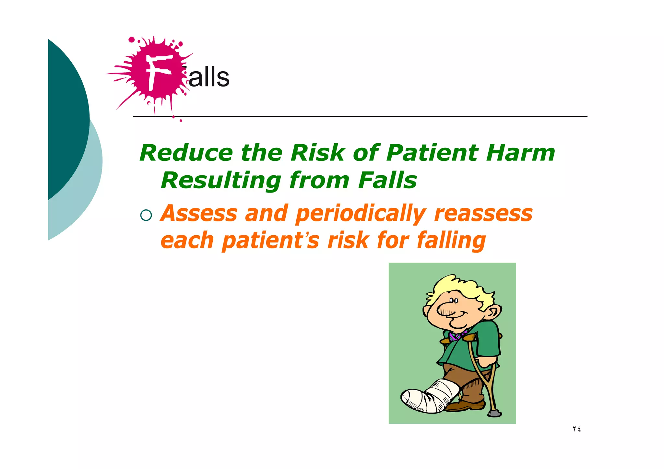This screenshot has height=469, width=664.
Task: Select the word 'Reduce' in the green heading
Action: point(186,153)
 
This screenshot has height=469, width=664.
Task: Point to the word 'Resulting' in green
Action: point(221,181)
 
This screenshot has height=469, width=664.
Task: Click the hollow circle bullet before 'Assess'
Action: point(146,215)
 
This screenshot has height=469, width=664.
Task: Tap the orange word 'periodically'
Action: point(361,214)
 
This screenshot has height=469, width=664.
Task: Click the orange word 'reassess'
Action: point(483,214)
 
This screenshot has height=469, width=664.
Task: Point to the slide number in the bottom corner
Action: point(576,429)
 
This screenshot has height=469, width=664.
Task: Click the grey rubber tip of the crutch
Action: point(495,413)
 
